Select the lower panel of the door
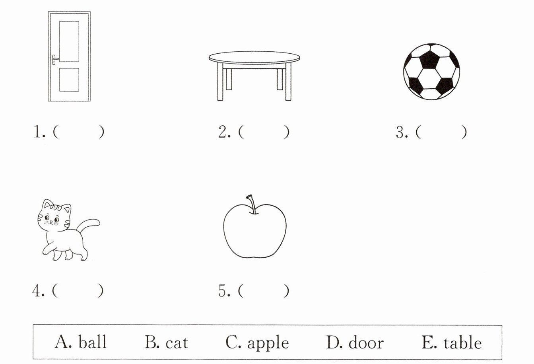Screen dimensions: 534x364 tap(69, 80)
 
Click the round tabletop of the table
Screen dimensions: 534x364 tap(254, 57)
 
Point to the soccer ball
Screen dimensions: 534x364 tap(431, 72)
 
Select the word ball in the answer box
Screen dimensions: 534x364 tap(92, 343)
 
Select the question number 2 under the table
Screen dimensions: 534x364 tap(223, 132)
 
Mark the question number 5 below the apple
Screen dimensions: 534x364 tap(223, 291)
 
